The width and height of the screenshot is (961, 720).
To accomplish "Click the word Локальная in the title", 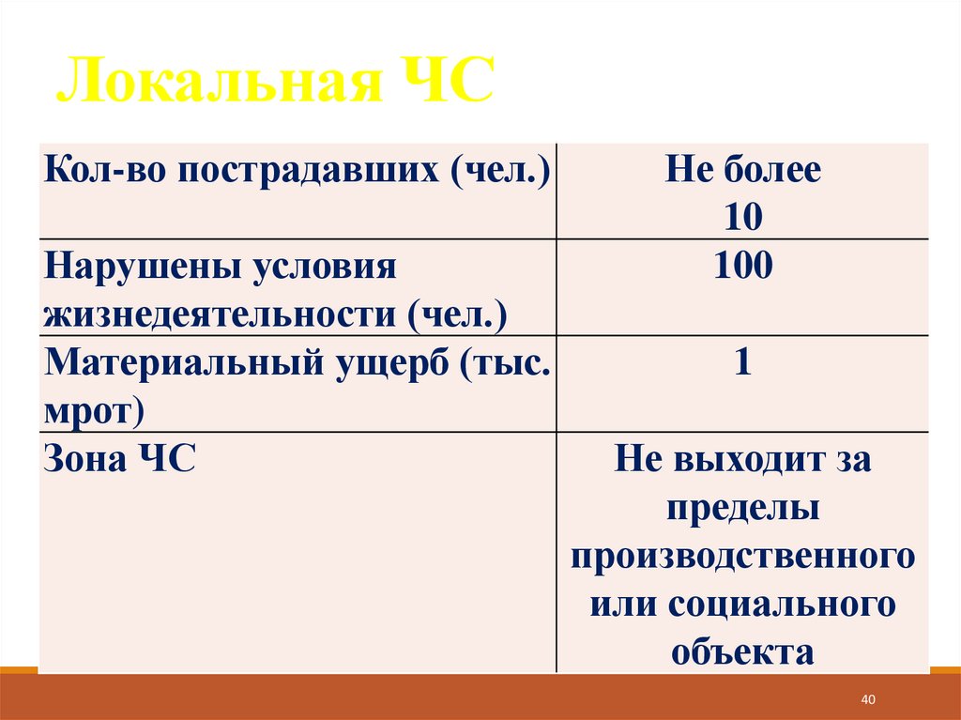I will tap(218, 83).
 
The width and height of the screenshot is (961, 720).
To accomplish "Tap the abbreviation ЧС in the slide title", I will tap(444, 83).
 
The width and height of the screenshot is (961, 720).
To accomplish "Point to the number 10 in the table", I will tap(742, 218).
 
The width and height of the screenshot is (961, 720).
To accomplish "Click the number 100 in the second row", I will tap(742, 267).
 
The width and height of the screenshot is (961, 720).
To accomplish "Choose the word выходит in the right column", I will tap(746, 460).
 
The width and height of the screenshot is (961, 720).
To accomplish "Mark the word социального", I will tap(782, 604).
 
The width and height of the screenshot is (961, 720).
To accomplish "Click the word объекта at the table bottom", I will tap(742, 652).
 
